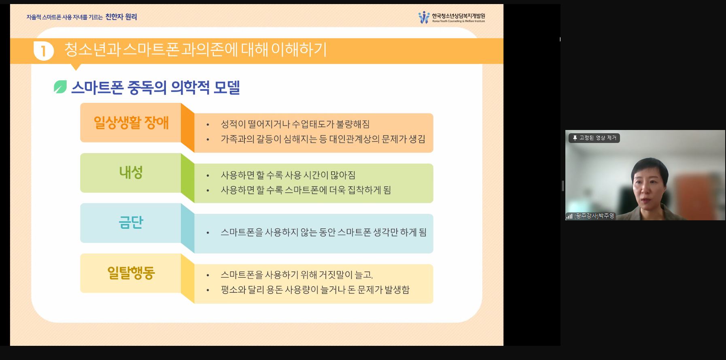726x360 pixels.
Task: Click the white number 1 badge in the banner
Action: point(44,51)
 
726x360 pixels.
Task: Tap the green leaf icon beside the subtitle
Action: point(60,87)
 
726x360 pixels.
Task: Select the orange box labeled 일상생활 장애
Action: point(131,122)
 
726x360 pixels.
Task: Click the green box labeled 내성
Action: point(131,173)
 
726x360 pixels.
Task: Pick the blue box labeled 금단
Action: point(131,223)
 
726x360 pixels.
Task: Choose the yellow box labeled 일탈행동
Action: point(131,273)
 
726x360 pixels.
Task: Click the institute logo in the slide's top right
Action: point(452,17)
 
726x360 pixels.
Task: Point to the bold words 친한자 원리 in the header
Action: point(121,17)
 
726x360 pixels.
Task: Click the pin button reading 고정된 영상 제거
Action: point(594,138)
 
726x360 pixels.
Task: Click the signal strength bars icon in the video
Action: point(569,216)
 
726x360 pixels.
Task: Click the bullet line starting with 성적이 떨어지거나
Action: point(295,124)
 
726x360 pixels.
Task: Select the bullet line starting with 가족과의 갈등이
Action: point(323,139)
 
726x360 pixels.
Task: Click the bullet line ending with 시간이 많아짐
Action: point(288,175)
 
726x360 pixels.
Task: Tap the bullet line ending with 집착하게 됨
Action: point(306,190)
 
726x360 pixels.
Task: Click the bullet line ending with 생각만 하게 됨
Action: point(323,232)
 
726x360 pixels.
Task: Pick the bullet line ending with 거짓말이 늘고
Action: point(297,275)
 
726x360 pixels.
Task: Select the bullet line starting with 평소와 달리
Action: point(315,290)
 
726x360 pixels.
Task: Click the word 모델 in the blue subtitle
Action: point(227,87)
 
